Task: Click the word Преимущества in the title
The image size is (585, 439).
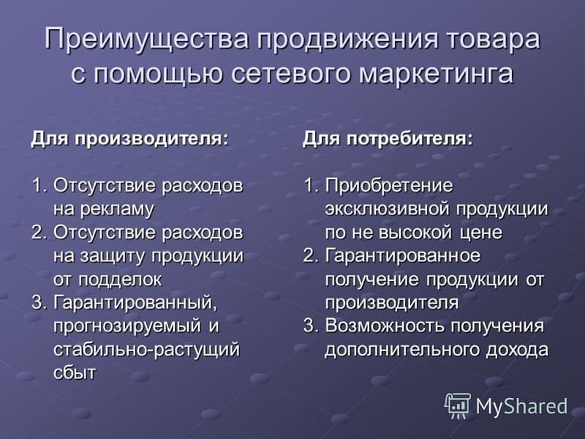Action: (147, 39)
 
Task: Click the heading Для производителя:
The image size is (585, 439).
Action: (129, 139)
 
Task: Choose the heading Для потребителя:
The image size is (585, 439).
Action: (388, 139)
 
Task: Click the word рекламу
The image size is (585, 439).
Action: (117, 210)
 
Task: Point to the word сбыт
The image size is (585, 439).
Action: (75, 372)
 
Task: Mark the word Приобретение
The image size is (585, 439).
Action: (389, 186)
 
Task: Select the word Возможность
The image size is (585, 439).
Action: (385, 326)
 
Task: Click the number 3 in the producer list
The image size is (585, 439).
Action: (37, 303)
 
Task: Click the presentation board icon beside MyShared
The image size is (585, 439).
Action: (458, 406)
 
